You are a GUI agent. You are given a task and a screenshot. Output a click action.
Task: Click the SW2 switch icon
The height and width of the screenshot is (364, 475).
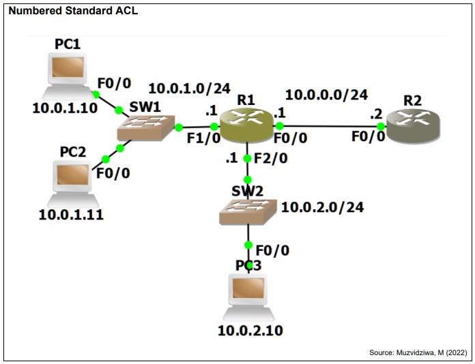[248, 211]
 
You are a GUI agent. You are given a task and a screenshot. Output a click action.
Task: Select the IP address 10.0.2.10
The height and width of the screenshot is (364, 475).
[250, 331]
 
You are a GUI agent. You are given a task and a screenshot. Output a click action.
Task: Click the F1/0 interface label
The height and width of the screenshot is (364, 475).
[204, 137]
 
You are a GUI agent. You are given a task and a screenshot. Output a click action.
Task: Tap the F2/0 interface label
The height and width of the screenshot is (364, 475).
[270, 159]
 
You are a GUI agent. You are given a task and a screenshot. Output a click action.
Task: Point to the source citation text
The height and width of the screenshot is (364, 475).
[418, 352]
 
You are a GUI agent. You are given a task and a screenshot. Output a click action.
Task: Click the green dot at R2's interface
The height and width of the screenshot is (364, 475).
[381, 126]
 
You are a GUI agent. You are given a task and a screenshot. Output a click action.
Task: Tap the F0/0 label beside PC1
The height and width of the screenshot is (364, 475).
[113, 83]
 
